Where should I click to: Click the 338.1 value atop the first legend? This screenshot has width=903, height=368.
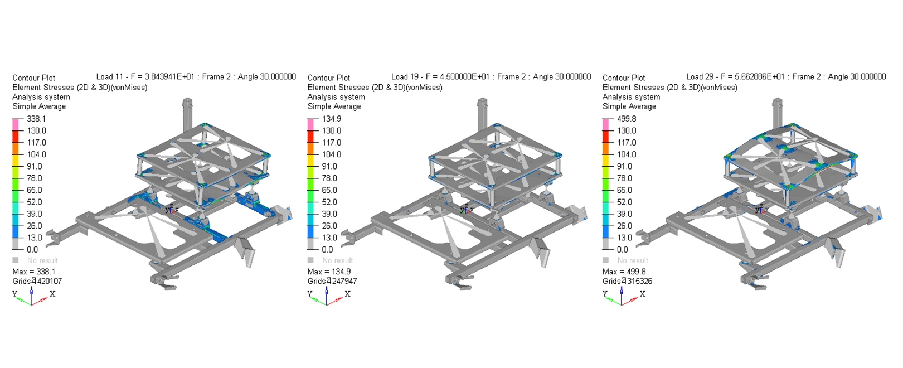click(36, 119)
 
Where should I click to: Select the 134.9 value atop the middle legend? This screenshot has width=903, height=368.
click(331, 119)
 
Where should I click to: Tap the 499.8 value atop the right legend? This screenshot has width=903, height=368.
click(627, 119)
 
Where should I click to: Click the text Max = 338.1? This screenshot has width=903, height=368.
click(34, 272)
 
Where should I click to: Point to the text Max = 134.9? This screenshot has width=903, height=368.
click(329, 272)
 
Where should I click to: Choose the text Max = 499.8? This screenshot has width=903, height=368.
click(624, 272)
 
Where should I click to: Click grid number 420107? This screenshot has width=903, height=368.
click(49, 282)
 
